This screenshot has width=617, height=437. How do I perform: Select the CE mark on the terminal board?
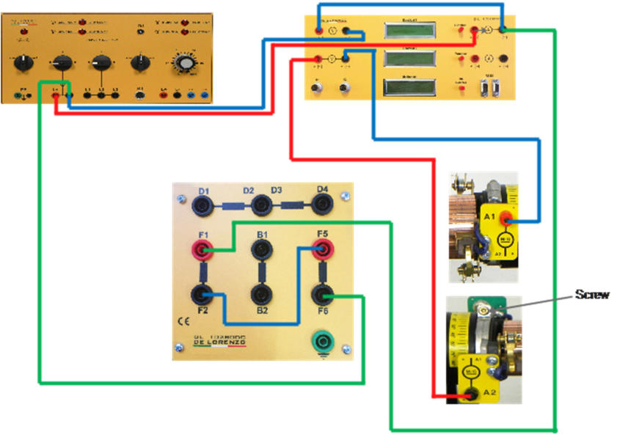click(183, 321)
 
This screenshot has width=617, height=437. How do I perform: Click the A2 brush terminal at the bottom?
click(474, 395)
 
